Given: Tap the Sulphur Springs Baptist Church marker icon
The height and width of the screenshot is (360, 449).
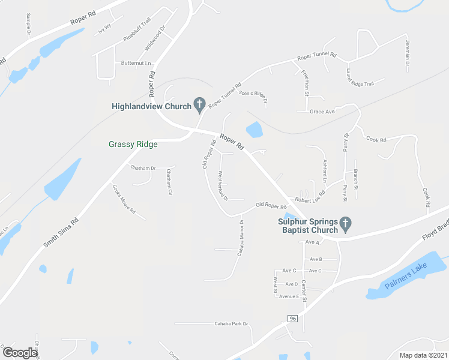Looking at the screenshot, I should point(345,224).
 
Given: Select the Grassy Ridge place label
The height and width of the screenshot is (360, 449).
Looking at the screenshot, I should point(133,144).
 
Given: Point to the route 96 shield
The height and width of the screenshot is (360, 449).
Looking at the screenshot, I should point(292,317).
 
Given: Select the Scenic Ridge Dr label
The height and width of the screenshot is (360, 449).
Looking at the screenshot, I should point(253,97).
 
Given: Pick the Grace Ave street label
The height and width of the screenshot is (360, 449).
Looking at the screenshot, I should point(322,112).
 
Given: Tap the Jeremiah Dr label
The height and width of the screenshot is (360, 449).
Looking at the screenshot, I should point(408,53).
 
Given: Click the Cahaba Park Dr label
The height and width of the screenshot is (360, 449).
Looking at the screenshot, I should point(231,324).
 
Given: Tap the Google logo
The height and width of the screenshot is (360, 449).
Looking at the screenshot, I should point(20,353).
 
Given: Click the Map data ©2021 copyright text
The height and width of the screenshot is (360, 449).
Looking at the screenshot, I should point(423,355).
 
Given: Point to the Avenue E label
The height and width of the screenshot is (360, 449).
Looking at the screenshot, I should point(288,296).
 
